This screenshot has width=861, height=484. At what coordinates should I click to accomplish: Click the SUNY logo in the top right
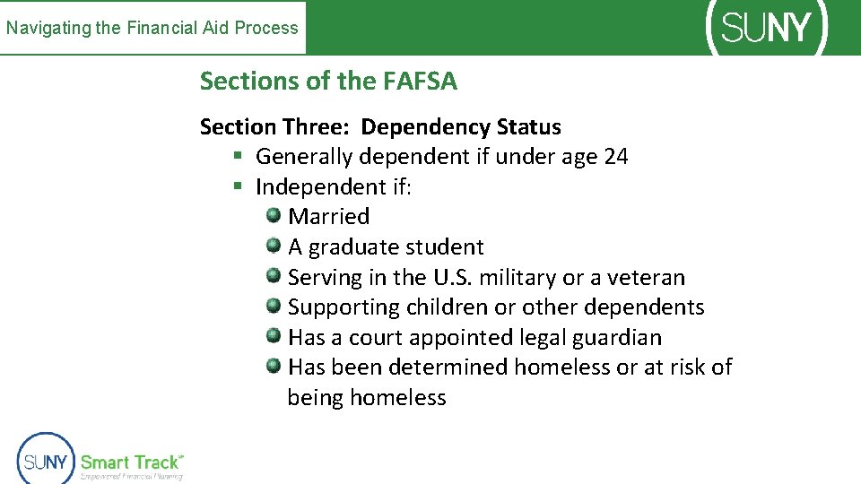coord(767,28)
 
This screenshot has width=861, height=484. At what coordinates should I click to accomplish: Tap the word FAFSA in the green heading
coord(420,82)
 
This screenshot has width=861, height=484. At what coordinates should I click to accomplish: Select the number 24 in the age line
coord(616,157)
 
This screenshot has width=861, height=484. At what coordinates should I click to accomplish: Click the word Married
coord(328,217)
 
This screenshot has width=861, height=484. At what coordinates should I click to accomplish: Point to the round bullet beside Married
coord(274,215)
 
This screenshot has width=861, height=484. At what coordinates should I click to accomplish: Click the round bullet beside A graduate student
coord(274,246)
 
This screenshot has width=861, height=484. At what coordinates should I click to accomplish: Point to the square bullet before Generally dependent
coord(238,157)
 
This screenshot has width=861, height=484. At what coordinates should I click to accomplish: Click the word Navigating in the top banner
coord(48,28)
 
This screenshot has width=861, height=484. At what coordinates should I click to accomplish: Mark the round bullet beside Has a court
coord(274,336)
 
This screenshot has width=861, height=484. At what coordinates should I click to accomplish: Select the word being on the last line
coord(315,398)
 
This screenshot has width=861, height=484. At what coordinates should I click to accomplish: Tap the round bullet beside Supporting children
coord(274,306)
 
